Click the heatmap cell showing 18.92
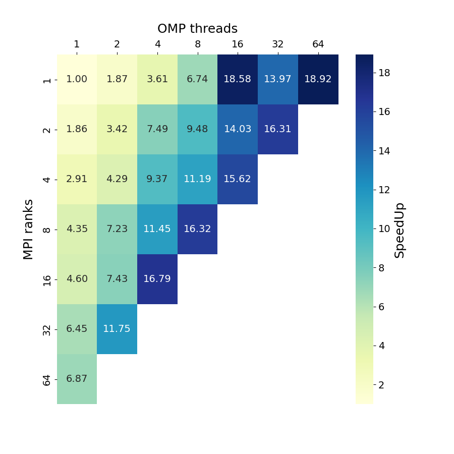tap(318, 79)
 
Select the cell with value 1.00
tap(77, 79)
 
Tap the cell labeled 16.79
tap(157, 279)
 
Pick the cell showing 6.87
tap(77, 379)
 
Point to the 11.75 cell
tap(117, 329)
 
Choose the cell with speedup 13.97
tap(277, 79)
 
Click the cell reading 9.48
tap(197, 129)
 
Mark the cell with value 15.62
tap(237, 179)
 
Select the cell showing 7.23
tap(117, 229)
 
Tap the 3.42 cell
tap(117, 129)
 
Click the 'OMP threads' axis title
tap(197, 29)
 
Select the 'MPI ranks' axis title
tap(29, 229)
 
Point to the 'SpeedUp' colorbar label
tap(400, 230)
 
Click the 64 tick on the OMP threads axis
tap(318, 44)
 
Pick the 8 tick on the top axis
tap(197, 44)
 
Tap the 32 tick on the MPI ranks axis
tap(47, 329)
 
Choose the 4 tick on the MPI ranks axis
tap(47, 180)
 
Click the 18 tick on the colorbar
tap(384, 73)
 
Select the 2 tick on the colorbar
tap(381, 385)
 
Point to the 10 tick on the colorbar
tap(384, 229)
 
